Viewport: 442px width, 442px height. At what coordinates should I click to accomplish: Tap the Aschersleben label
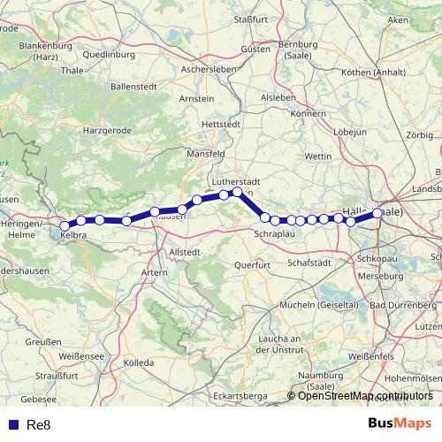pyautogui.click(x=205, y=68)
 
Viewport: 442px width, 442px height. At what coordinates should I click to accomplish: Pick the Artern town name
pyautogui.click(x=154, y=272)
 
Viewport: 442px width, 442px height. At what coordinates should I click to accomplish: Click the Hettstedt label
pyautogui.click(x=221, y=126)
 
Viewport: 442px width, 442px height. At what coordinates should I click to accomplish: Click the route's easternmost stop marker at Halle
pyautogui.click(x=377, y=213)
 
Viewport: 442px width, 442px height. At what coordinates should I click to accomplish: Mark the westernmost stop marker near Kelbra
pyautogui.click(x=65, y=226)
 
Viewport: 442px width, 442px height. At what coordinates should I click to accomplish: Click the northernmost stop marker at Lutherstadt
pyautogui.click(x=237, y=191)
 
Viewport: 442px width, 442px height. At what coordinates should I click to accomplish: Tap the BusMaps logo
pyautogui.click(x=400, y=424)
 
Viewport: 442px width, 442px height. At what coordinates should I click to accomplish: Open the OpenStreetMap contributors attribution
pyautogui.click(x=365, y=396)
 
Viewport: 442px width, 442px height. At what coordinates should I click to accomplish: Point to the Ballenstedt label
pyautogui.click(x=137, y=87)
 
